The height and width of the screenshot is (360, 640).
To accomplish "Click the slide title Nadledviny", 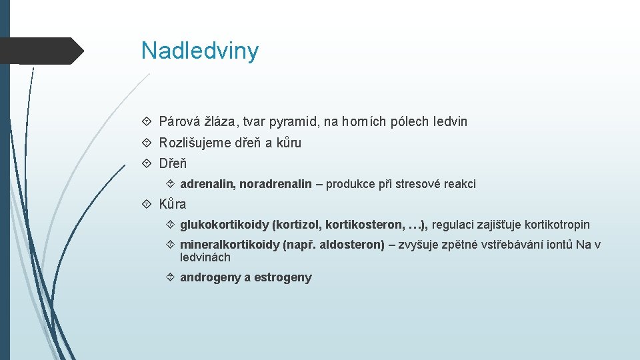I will pyautogui.click(x=199, y=51).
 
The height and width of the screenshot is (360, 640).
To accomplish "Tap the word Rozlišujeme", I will pyautogui.click(x=194, y=143).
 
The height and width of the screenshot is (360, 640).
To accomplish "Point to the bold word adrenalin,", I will pyautogui.click(x=208, y=184).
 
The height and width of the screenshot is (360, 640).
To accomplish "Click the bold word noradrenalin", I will pyautogui.click(x=275, y=184).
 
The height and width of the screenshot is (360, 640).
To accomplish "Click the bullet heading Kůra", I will pyautogui.click(x=173, y=204).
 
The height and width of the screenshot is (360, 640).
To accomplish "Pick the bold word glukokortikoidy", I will pyautogui.click(x=224, y=225).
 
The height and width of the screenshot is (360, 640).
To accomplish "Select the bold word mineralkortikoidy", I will pyautogui.click(x=229, y=245).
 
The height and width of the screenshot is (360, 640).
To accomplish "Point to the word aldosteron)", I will pyautogui.click(x=352, y=245).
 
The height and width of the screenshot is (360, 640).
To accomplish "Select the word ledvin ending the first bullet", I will pyautogui.click(x=450, y=121).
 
